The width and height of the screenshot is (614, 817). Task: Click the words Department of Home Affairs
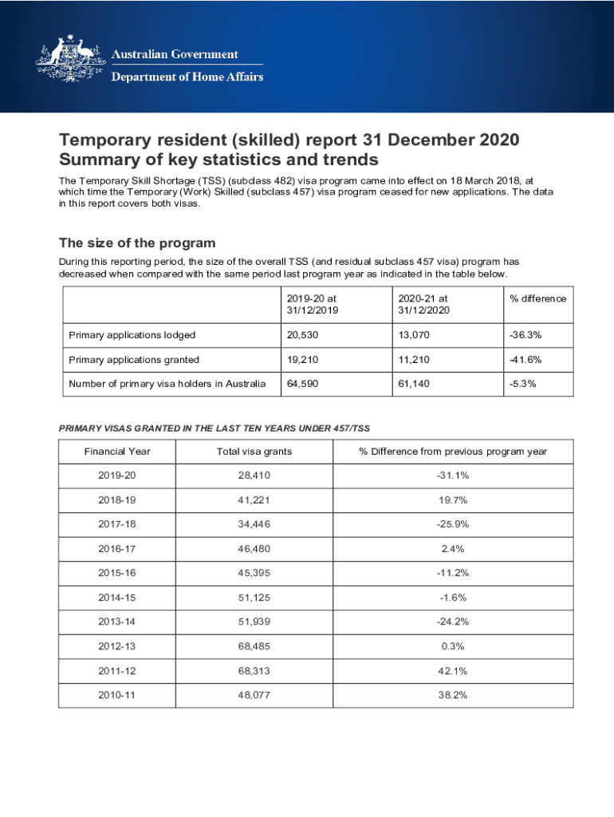[x=187, y=77]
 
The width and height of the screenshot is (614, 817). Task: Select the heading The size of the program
[x=137, y=243]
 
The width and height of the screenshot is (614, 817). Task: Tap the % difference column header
[x=537, y=298]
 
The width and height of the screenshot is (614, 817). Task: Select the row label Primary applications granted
[x=134, y=360]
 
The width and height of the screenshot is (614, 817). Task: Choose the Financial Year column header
[x=117, y=452]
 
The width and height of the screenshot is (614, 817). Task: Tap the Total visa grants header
[x=254, y=452]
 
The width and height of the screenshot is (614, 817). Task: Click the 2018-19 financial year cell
[x=117, y=500]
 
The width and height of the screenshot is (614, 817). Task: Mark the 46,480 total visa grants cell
[x=254, y=549]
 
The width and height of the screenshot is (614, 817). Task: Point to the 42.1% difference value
[x=452, y=671]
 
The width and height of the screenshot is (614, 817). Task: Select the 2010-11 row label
[x=117, y=695]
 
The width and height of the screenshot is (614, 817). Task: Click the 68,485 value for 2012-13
[x=254, y=646]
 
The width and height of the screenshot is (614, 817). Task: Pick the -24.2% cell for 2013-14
[x=452, y=622]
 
